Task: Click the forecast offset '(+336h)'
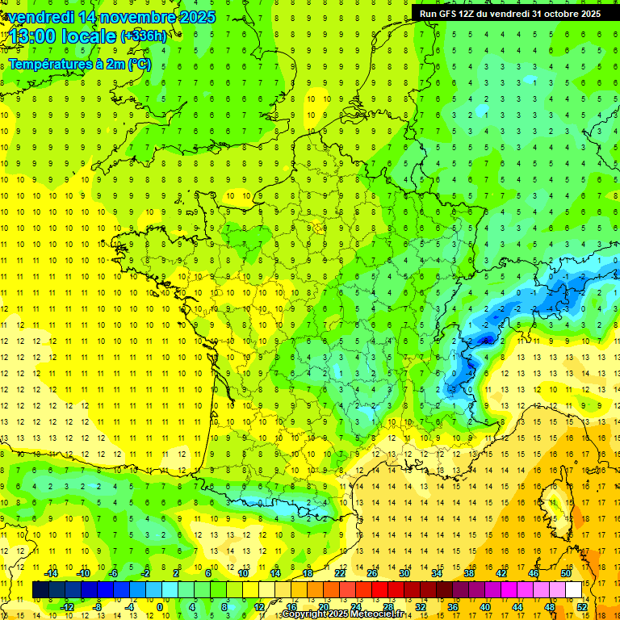pyautogui.click(x=143, y=36)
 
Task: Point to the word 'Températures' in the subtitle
pyautogui.click(x=48, y=64)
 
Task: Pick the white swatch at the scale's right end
pyautogui.click(x=574, y=590)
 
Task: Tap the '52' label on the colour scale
pyautogui.click(x=582, y=606)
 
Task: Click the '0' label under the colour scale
pyautogui.click(x=160, y=606)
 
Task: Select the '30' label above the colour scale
pyautogui.click(x=404, y=573)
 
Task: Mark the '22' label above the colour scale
pyautogui.click(x=340, y=573)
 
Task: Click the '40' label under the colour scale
pyautogui.click(x=485, y=606)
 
